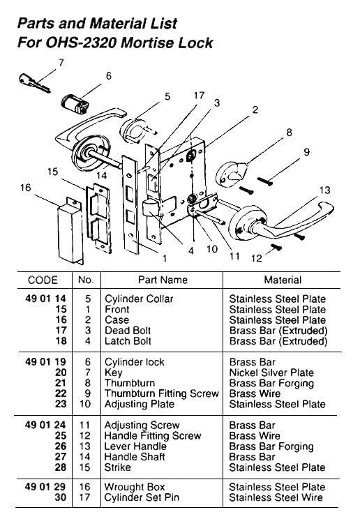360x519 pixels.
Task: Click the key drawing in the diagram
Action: point(33,84)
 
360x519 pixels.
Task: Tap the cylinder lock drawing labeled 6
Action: point(75,105)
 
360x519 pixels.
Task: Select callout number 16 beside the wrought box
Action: point(26,188)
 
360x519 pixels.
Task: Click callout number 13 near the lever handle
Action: point(324,190)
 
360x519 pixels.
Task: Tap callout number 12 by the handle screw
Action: point(256,259)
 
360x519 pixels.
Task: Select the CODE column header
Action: point(43,280)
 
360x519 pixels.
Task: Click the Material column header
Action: point(283,280)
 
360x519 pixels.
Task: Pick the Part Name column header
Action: point(163,280)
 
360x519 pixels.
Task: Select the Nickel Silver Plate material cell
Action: point(271,373)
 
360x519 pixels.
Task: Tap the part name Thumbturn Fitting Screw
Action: point(161,394)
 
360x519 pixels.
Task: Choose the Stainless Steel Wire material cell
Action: point(276,498)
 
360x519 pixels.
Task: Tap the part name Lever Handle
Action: point(135,446)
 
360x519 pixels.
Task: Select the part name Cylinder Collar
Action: point(139,299)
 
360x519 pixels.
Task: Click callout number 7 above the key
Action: point(61,63)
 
